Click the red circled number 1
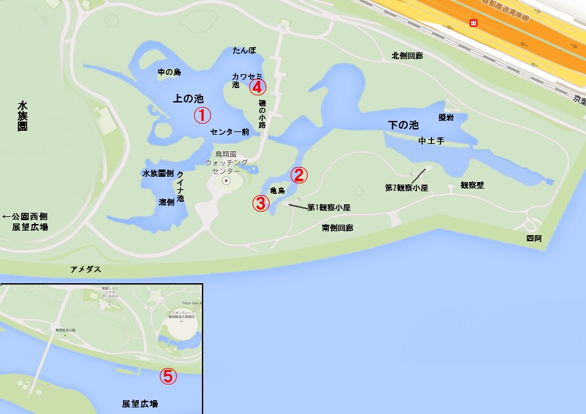click(x=202, y=116)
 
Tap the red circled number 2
click(x=299, y=175)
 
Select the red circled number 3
click(x=261, y=203)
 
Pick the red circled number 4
click(x=257, y=86)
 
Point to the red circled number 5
click(x=168, y=376)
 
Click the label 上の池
click(x=187, y=99)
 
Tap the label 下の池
click(x=403, y=124)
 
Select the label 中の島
click(x=169, y=72)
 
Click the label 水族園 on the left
click(x=22, y=116)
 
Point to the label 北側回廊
click(x=407, y=56)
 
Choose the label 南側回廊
click(x=337, y=228)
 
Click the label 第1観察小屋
click(x=329, y=208)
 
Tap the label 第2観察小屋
click(x=406, y=188)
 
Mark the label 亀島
click(x=277, y=191)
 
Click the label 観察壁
click(x=472, y=185)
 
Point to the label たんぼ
click(x=243, y=51)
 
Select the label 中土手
click(x=431, y=141)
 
